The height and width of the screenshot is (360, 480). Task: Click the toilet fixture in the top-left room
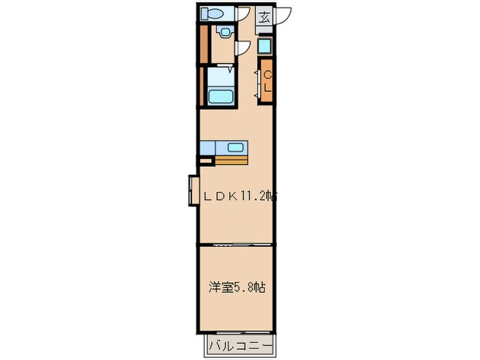[x=210, y=13]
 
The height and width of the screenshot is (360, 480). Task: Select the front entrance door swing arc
[x=283, y=18]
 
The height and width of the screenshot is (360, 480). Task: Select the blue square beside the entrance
[x=265, y=47]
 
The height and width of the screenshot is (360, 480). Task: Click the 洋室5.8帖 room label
[x=237, y=288]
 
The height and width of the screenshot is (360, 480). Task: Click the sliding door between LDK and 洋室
[x=237, y=244]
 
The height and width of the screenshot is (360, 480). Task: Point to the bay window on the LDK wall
[x=193, y=191]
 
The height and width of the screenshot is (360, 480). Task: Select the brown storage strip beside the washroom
[x=203, y=43]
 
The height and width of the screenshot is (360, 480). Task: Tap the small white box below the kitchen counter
[x=204, y=161]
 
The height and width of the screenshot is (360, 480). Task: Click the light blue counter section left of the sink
[x=208, y=147]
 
